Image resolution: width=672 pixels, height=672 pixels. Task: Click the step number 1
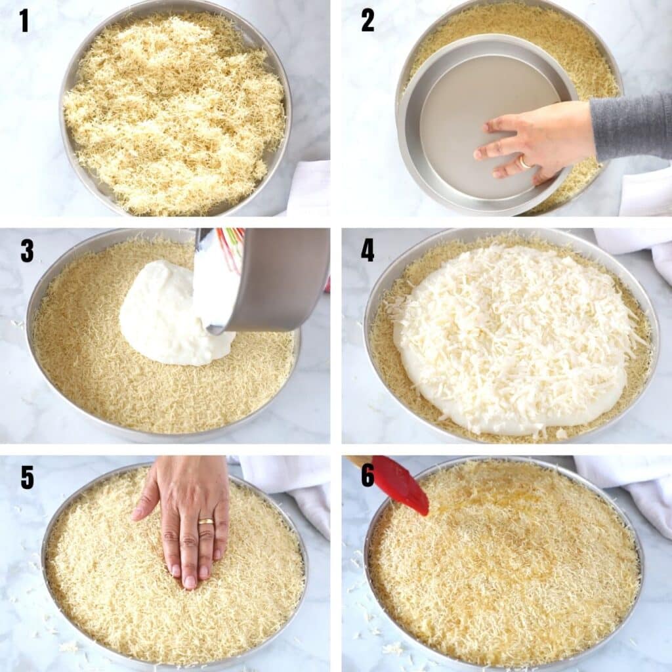click(24, 20)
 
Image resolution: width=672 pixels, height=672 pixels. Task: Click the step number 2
click(367, 20)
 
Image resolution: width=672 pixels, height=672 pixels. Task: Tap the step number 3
click(26, 251)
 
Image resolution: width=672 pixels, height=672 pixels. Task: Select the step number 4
click(367, 251)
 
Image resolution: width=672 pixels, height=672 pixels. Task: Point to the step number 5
click(26, 477)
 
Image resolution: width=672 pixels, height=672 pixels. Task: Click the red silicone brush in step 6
click(400, 486)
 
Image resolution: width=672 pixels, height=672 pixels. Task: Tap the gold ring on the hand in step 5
click(205, 522)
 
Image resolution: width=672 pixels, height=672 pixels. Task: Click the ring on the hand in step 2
click(525, 161)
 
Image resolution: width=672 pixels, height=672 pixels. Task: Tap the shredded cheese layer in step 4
click(512, 328)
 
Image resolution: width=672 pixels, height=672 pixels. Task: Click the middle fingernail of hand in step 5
click(190, 581)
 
